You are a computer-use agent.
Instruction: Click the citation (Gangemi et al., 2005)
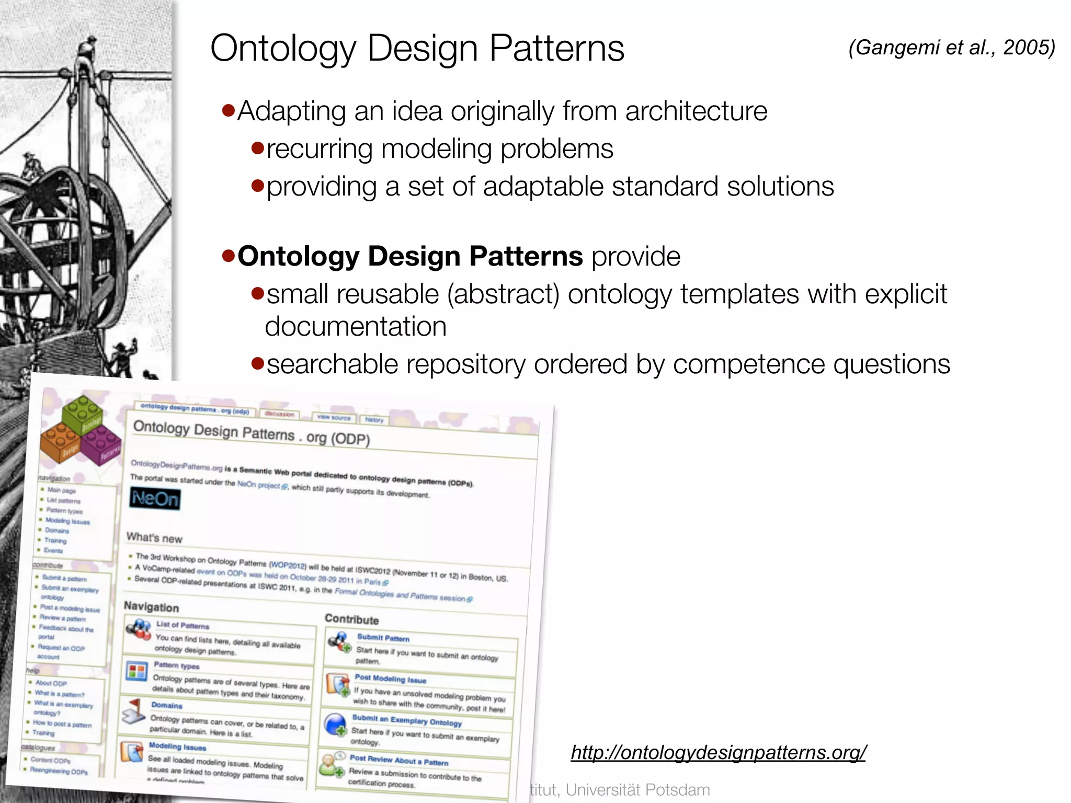[951, 48]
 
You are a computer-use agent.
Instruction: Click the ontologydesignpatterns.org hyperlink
[718, 752]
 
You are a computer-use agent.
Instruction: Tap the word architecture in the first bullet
[696, 111]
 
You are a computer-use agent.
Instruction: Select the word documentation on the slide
[356, 327]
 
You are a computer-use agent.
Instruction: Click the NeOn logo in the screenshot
[155, 499]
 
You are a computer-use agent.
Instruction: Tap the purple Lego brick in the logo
[101, 444]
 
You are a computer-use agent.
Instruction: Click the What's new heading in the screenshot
[154, 537]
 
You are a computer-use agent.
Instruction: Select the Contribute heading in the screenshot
[351, 620]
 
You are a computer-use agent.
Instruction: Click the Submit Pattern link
[383, 638]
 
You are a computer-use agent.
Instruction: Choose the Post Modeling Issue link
[390, 679]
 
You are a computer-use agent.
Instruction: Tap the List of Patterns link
[183, 625]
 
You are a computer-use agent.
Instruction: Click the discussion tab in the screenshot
[279, 414]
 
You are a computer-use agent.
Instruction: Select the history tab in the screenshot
[374, 420]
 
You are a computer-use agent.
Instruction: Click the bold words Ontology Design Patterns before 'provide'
[410, 256]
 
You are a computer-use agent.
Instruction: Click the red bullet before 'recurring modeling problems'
[257, 148]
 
